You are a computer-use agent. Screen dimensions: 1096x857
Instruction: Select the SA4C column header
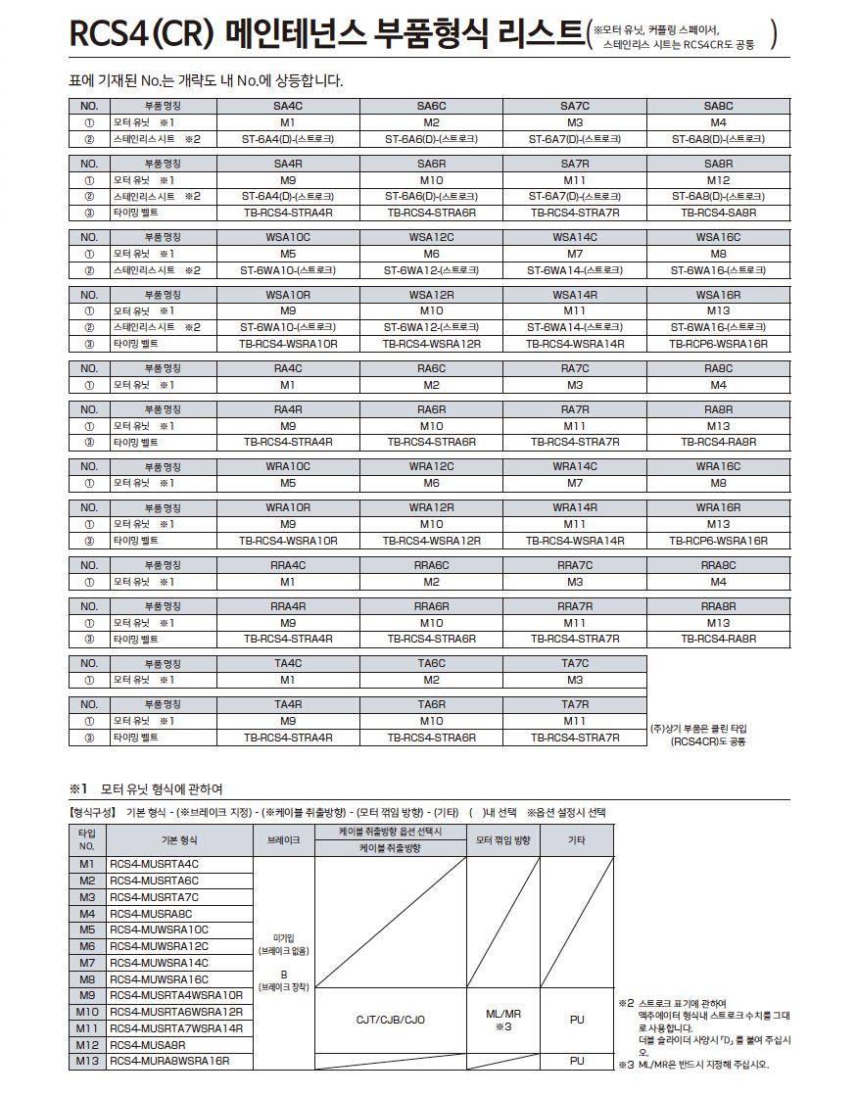pos(288,106)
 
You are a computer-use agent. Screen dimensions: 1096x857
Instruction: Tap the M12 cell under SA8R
pos(718,180)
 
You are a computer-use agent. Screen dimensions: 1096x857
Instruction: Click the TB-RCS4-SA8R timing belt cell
pos(718,213)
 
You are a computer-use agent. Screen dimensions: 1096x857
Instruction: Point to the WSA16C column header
pos(718,237)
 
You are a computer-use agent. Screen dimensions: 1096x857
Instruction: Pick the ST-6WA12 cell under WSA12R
pos(431,327)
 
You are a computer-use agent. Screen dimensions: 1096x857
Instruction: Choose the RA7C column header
pos(575,369)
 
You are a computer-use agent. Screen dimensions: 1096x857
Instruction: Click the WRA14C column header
pos(575,467)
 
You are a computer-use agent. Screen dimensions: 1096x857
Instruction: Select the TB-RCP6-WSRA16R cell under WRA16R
pos(718,541)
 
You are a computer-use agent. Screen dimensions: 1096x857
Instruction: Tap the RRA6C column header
pos(431,565)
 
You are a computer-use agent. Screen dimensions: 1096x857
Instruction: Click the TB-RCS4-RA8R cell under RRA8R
pos(718,639)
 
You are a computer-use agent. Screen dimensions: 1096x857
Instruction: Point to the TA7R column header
pos(575,704)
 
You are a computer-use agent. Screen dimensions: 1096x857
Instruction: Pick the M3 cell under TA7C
pos(575,680)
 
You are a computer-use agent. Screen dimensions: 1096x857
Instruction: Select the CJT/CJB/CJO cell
pos(390,1020)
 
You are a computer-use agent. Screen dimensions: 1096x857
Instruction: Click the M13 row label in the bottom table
pos(87,1061)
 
